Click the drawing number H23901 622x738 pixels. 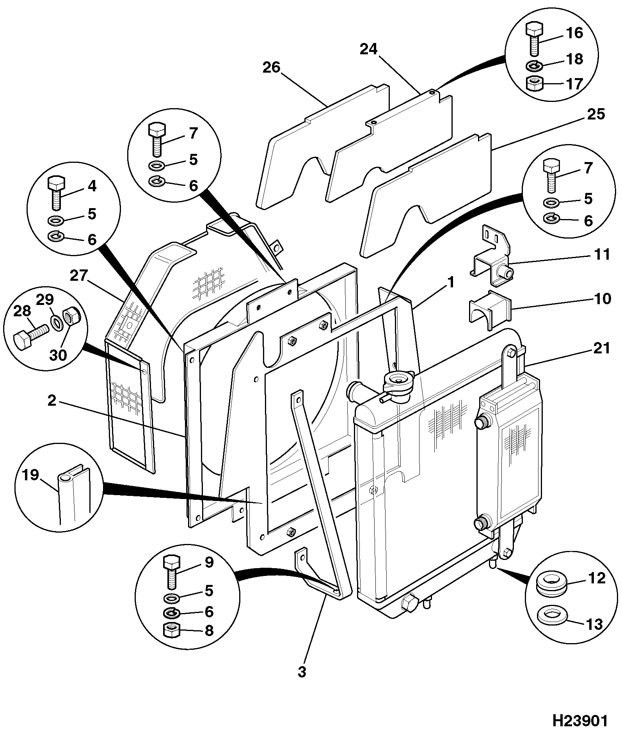580,721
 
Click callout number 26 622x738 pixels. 272,68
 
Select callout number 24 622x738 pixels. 369,49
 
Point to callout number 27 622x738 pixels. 80,276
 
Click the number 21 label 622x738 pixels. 601,348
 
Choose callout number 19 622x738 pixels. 30,475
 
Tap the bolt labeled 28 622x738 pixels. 30,337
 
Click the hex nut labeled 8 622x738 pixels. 171,630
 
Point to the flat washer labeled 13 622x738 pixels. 551,616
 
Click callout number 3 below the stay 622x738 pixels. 302,672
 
